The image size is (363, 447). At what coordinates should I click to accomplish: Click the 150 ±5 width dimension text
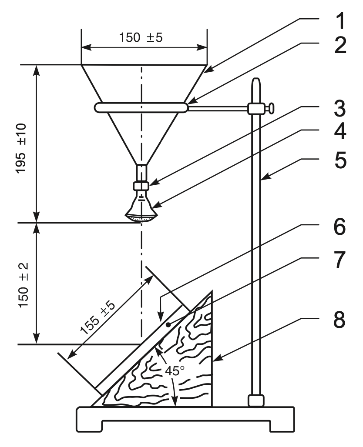coord(144,37)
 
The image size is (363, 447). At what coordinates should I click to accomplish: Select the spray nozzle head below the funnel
coord(141,210)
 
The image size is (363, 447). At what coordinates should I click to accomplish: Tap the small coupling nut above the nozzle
coord(141,186)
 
